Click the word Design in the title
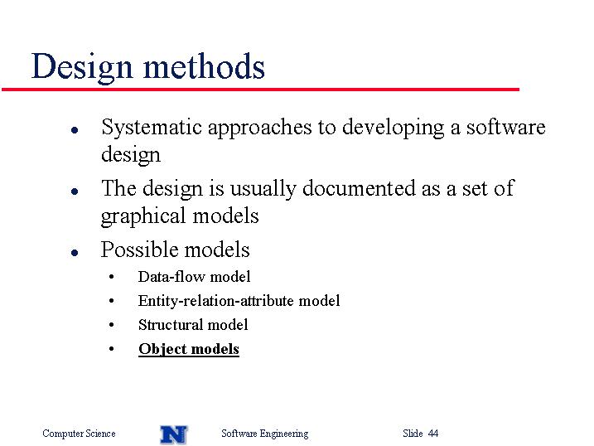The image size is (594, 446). tap(82, 68)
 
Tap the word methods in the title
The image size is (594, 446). tap(204, 66)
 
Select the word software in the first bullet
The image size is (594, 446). tap(505, 127)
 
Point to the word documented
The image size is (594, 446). tap(359, 187)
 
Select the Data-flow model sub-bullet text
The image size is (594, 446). tap(194, 277)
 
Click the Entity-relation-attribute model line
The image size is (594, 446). tap(239, 300)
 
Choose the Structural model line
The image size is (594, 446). tap(193, 325)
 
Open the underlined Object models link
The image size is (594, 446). tap(189, 349)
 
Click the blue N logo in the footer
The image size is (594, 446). tap(174, 434)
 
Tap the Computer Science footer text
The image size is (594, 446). tap(79, 434)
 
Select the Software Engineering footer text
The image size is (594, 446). tap(265, 434)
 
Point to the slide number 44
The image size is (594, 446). tap(433, 433)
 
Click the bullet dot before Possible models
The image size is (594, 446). tap(75, 252)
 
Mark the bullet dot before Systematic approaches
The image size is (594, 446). tap(75, 130)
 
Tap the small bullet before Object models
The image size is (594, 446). tap(111, 349)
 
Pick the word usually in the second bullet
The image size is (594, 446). tap(263, 189)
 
